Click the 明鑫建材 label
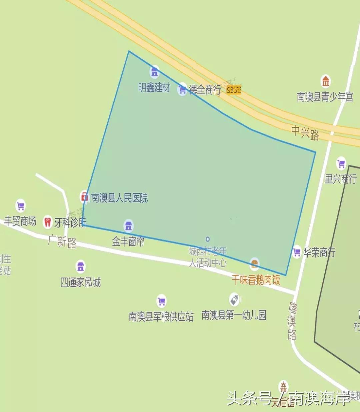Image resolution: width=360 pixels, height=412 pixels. pos(154,88)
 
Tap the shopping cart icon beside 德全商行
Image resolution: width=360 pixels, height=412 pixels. pos(182,89)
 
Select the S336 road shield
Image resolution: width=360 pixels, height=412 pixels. pos(233,90)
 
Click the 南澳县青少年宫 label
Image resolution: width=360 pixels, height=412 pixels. pos(325,97)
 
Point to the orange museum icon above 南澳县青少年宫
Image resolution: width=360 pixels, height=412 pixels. pos(326,81)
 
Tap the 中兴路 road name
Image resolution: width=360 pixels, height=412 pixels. pos(305,132)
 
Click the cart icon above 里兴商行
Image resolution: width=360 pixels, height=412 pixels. pos(341,163)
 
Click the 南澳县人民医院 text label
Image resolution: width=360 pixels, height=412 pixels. pos(119,198)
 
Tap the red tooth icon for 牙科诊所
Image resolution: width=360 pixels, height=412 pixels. pos(48,222)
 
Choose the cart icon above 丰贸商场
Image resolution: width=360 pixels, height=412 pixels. pos(21,205)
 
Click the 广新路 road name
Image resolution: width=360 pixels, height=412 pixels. pos(62,241)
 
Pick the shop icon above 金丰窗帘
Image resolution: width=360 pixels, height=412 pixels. pos(128,226)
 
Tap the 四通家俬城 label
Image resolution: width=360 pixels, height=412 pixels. pos(80,282)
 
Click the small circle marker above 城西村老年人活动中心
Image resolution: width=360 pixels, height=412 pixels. pos(208,239)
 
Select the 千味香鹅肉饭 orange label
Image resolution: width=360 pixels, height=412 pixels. pos(256,280)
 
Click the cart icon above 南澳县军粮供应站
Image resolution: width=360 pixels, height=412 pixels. pos(161,301)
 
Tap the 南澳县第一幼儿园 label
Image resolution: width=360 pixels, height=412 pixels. pos(234,315)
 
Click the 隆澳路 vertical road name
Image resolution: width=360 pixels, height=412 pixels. pos(292,321)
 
